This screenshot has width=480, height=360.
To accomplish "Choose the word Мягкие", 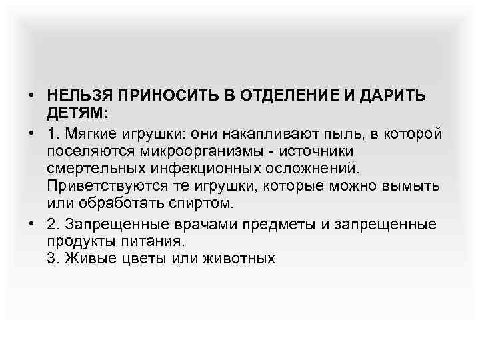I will click(x=91, y=134).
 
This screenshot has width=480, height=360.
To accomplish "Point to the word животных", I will click(x=239, y=257).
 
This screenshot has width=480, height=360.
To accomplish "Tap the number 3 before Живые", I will click(x=52, y=257).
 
